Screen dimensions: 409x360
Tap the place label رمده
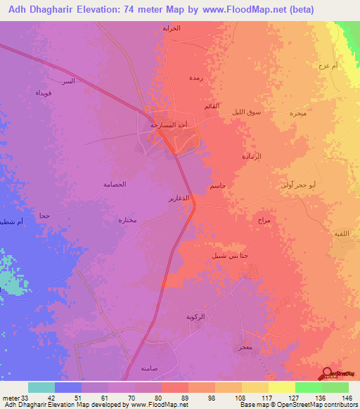196,79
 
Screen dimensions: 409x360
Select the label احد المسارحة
169,124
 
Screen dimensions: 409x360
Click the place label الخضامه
114,184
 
